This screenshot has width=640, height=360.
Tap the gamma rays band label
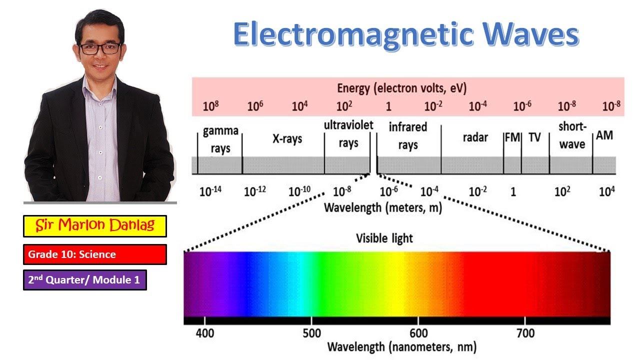pyautogui.click(x=220, y=140)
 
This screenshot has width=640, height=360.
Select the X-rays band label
pyautogui.click(x=287, y=138)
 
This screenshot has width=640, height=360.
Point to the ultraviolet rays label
pyautogui.click(x=348, y=134)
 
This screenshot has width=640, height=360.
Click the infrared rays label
pyautogui.click(x=408, y=136)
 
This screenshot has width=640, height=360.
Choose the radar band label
pyautogui.click(x=475, y=137)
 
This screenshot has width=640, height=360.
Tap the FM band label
pyautogui.click(x=512, y=137)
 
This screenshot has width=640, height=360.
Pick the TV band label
pyautogui.click(x=534, y=137)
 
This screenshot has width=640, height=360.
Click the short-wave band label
pyautogui.click(x=572, y=135)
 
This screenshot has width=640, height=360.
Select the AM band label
pyautogui.click(x=604, y=135)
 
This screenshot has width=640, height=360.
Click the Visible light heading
pyautogui.click(x=384, y=238)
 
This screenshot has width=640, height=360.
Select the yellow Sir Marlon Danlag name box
pyautogui.click(x=94, y=226)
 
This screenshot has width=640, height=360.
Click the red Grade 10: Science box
pyautogui.click(x=94, y=254)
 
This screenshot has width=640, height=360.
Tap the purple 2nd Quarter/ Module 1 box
pyautogui.click(x=84, y=280)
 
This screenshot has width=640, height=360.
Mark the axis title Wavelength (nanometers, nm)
pyautogui.click(x=401, y=346)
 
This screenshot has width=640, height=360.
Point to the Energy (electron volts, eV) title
pyautogui.click(x=401, y=88)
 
